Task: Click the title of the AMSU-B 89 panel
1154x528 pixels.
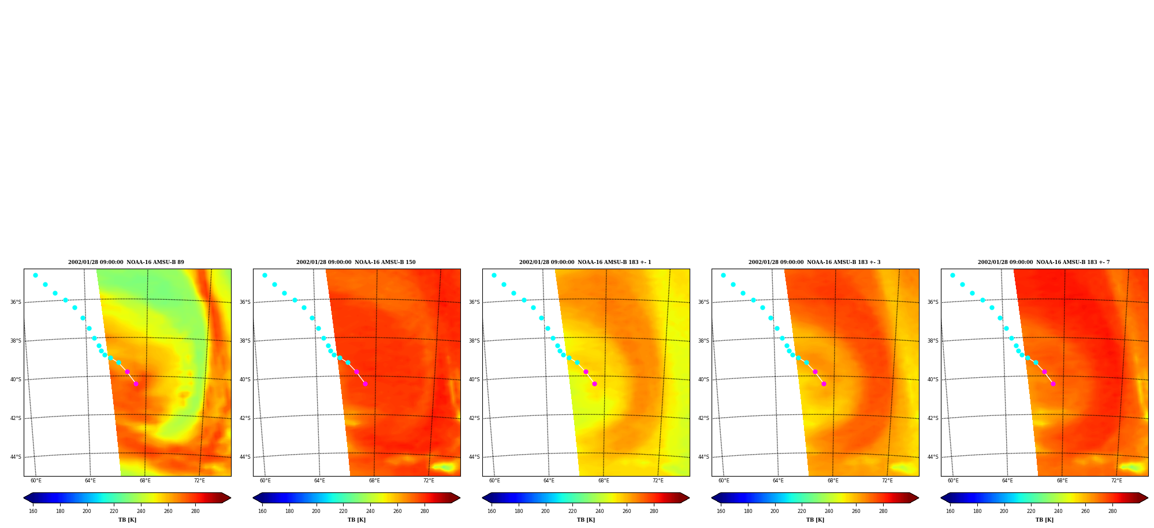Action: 126,262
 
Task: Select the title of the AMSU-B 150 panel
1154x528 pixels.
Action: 356,262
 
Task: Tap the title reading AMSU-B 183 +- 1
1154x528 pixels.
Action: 585,262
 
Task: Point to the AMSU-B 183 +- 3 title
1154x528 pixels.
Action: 814,262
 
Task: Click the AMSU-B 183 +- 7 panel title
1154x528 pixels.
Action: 1044,262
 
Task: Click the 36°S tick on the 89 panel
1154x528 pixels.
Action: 16,302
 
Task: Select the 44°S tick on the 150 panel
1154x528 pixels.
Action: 245,457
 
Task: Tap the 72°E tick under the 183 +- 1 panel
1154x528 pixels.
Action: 658,481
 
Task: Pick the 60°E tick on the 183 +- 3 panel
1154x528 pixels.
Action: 724,481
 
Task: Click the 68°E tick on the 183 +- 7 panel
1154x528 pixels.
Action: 1062,481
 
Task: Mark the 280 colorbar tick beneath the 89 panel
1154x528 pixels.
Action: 195,511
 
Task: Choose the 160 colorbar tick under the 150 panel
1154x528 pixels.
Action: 262,511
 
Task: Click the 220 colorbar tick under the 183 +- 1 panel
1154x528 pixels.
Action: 572,511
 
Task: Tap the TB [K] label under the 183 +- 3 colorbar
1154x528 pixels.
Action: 815,520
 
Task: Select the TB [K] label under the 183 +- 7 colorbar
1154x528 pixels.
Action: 1044,520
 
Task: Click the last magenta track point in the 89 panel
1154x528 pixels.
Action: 136,384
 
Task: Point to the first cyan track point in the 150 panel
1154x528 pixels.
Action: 265,275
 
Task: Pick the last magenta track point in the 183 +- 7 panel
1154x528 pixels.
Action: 1053,384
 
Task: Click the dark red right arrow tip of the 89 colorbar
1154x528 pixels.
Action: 230,498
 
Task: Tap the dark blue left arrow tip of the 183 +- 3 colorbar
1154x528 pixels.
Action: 712,498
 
